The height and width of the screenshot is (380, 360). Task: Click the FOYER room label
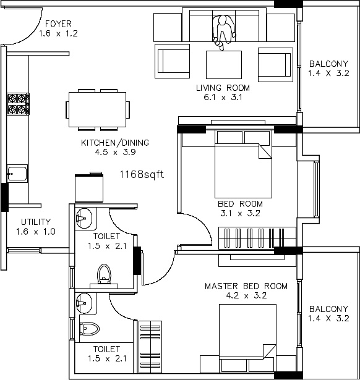(x=59, y=24)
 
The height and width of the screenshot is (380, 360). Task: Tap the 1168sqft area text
(x=142, y=174)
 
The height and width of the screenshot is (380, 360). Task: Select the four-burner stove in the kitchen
(x=18, y=104)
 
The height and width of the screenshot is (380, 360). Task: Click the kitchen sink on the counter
(x=17, y=174)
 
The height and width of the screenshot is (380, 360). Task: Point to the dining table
(x=97, y=109)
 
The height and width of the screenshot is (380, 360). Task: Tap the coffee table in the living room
(x=224, y=64)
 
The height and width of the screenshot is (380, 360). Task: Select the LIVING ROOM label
(x=223, y=88)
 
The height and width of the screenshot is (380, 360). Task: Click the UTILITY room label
(x=36, y=222)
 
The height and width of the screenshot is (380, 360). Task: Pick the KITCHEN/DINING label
(x=115, y=143)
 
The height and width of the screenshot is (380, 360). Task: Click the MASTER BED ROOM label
(x=246, y=286)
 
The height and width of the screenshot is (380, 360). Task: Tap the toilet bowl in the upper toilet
(x=104, y=273)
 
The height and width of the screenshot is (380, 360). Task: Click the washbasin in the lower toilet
(x=84, y=303)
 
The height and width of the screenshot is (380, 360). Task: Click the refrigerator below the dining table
(x=89, y=187)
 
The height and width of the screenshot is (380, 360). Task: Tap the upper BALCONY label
(x=328, y=64)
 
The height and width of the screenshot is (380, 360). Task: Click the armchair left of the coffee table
(x=172, y=61)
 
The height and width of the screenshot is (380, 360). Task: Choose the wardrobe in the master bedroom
(x=150, y=347)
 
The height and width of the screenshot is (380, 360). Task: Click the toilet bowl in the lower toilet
(x=90, y=329)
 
